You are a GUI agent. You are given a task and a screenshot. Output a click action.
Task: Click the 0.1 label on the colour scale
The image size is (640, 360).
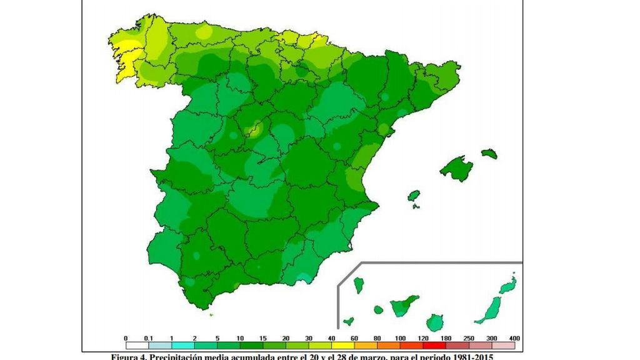(148, 338)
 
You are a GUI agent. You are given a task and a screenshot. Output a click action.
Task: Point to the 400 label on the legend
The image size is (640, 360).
(515, 338)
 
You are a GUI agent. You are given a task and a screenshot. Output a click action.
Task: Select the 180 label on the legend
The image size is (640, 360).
(446, 338)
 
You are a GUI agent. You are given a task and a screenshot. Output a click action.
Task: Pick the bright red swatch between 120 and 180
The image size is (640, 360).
(435, 344)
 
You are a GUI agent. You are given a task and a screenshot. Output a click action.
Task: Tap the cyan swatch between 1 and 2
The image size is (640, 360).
(183, 344)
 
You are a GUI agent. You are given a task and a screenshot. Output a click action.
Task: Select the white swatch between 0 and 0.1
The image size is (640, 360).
(137, 344)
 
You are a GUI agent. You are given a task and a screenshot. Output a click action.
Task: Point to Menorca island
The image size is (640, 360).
(489, 153)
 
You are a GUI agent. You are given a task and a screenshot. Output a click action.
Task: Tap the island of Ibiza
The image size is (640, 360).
(414, 196)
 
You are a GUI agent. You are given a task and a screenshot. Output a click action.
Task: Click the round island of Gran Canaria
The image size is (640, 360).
(434, 322)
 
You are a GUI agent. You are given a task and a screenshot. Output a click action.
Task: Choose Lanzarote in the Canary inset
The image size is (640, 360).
(507, 286)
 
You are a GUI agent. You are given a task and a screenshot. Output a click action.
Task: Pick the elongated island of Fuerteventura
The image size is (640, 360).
(491, 309)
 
